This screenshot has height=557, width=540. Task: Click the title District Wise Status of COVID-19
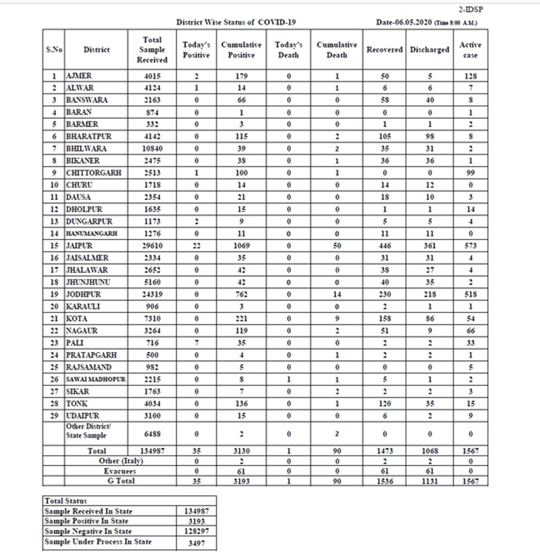(x=236, y=22)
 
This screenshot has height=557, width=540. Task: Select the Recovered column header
(x=384, y=49)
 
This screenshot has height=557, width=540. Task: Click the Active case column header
(x=470, y=50)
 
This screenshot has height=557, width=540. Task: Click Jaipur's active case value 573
(x=470, y=245)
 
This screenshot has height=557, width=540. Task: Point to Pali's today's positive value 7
(x=197, y=342)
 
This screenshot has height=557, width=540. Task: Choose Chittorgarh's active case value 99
(x=470, y=173)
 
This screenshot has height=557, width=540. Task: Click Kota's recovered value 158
(x=384, y=318)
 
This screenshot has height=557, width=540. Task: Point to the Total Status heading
(x=66, y=501)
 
